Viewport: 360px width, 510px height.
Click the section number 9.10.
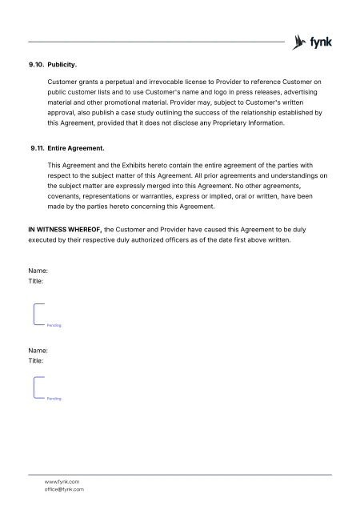[x=36, y=62]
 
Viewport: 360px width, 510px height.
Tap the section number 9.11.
[x=36, y=149]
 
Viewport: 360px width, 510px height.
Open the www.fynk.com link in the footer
[x=62, y=481]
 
